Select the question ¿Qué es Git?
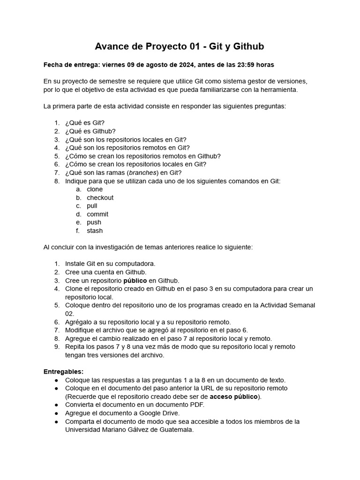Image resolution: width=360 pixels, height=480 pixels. pos(85,123)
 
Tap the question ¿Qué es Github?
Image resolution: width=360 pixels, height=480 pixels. pos(90,131)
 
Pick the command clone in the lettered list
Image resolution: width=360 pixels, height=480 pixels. pos(95,189)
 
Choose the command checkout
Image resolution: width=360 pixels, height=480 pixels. pos(100,197)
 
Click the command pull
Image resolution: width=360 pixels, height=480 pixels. pos(92,206)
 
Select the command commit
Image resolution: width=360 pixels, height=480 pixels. pos(97,214)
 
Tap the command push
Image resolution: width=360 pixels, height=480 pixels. pos(94,222)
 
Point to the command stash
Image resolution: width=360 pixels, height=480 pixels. pos(95,231)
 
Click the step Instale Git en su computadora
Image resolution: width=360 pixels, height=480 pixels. pos(110,263)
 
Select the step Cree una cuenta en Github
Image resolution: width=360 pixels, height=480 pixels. pos(106,272)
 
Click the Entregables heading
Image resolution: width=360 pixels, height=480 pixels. pos(63,371)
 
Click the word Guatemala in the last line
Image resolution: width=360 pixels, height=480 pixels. pos(172,430)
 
